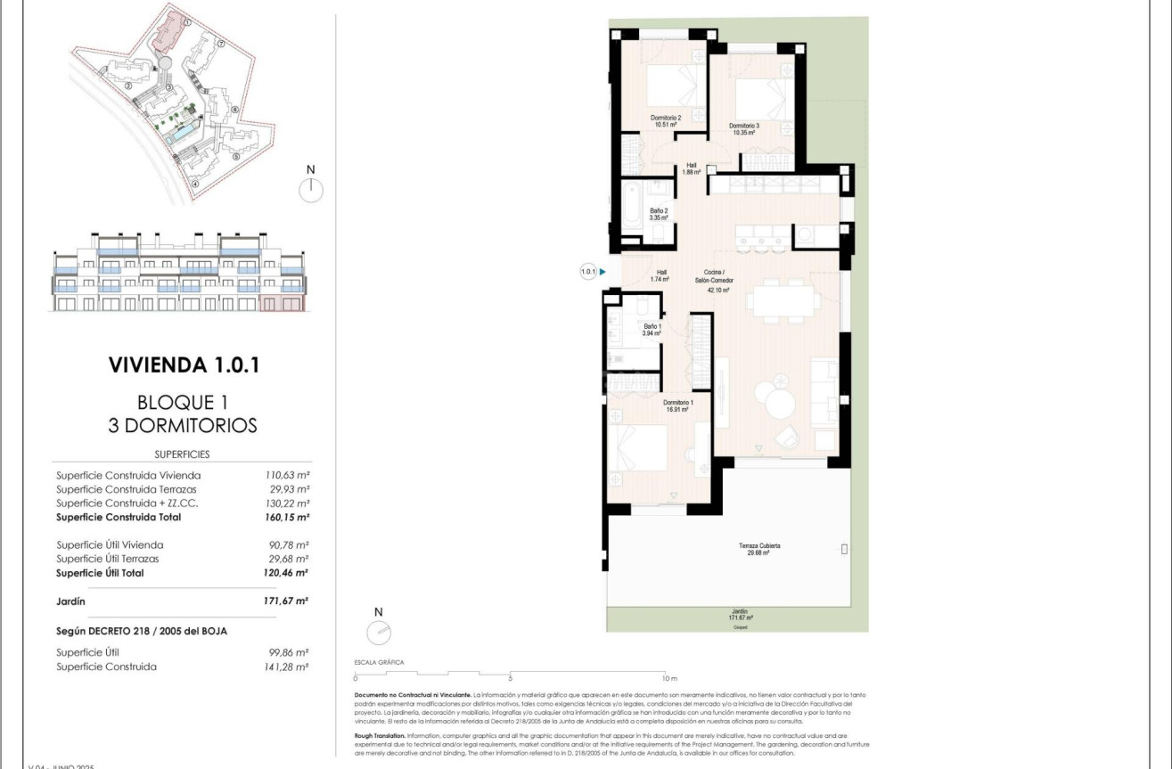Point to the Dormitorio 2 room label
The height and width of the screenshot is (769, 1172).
tap(666, 121)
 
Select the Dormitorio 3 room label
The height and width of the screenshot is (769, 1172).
tap(744, 128)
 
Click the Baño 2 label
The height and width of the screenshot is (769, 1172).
tap(659, 214)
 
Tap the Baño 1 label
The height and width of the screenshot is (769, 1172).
tap(652, 330)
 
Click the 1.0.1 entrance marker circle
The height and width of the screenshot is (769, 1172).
tap(588, 273)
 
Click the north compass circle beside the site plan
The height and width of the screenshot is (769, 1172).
tap(311, 190)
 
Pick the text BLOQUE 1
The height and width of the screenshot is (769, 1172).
tap(183, 402)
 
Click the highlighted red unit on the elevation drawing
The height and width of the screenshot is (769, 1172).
tap(282, 304)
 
